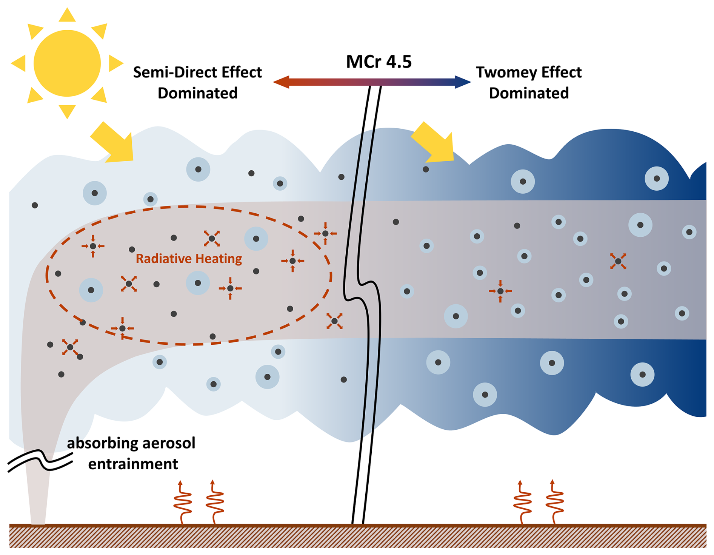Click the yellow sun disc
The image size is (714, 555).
(67, 63)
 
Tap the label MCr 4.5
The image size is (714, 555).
(379, 62)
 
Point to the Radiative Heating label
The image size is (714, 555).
(189, 259)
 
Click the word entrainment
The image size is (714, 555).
(133, 464)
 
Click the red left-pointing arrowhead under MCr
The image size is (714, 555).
(281, 82)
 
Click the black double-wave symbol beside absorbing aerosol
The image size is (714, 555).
(40, 461)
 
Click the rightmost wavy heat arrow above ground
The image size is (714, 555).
(554, 502)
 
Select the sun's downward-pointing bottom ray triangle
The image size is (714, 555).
(67, 111)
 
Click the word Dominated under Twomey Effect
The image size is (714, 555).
(528, 93)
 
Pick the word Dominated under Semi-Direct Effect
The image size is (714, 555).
(197, 93)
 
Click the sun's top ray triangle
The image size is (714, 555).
(67, 15)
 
